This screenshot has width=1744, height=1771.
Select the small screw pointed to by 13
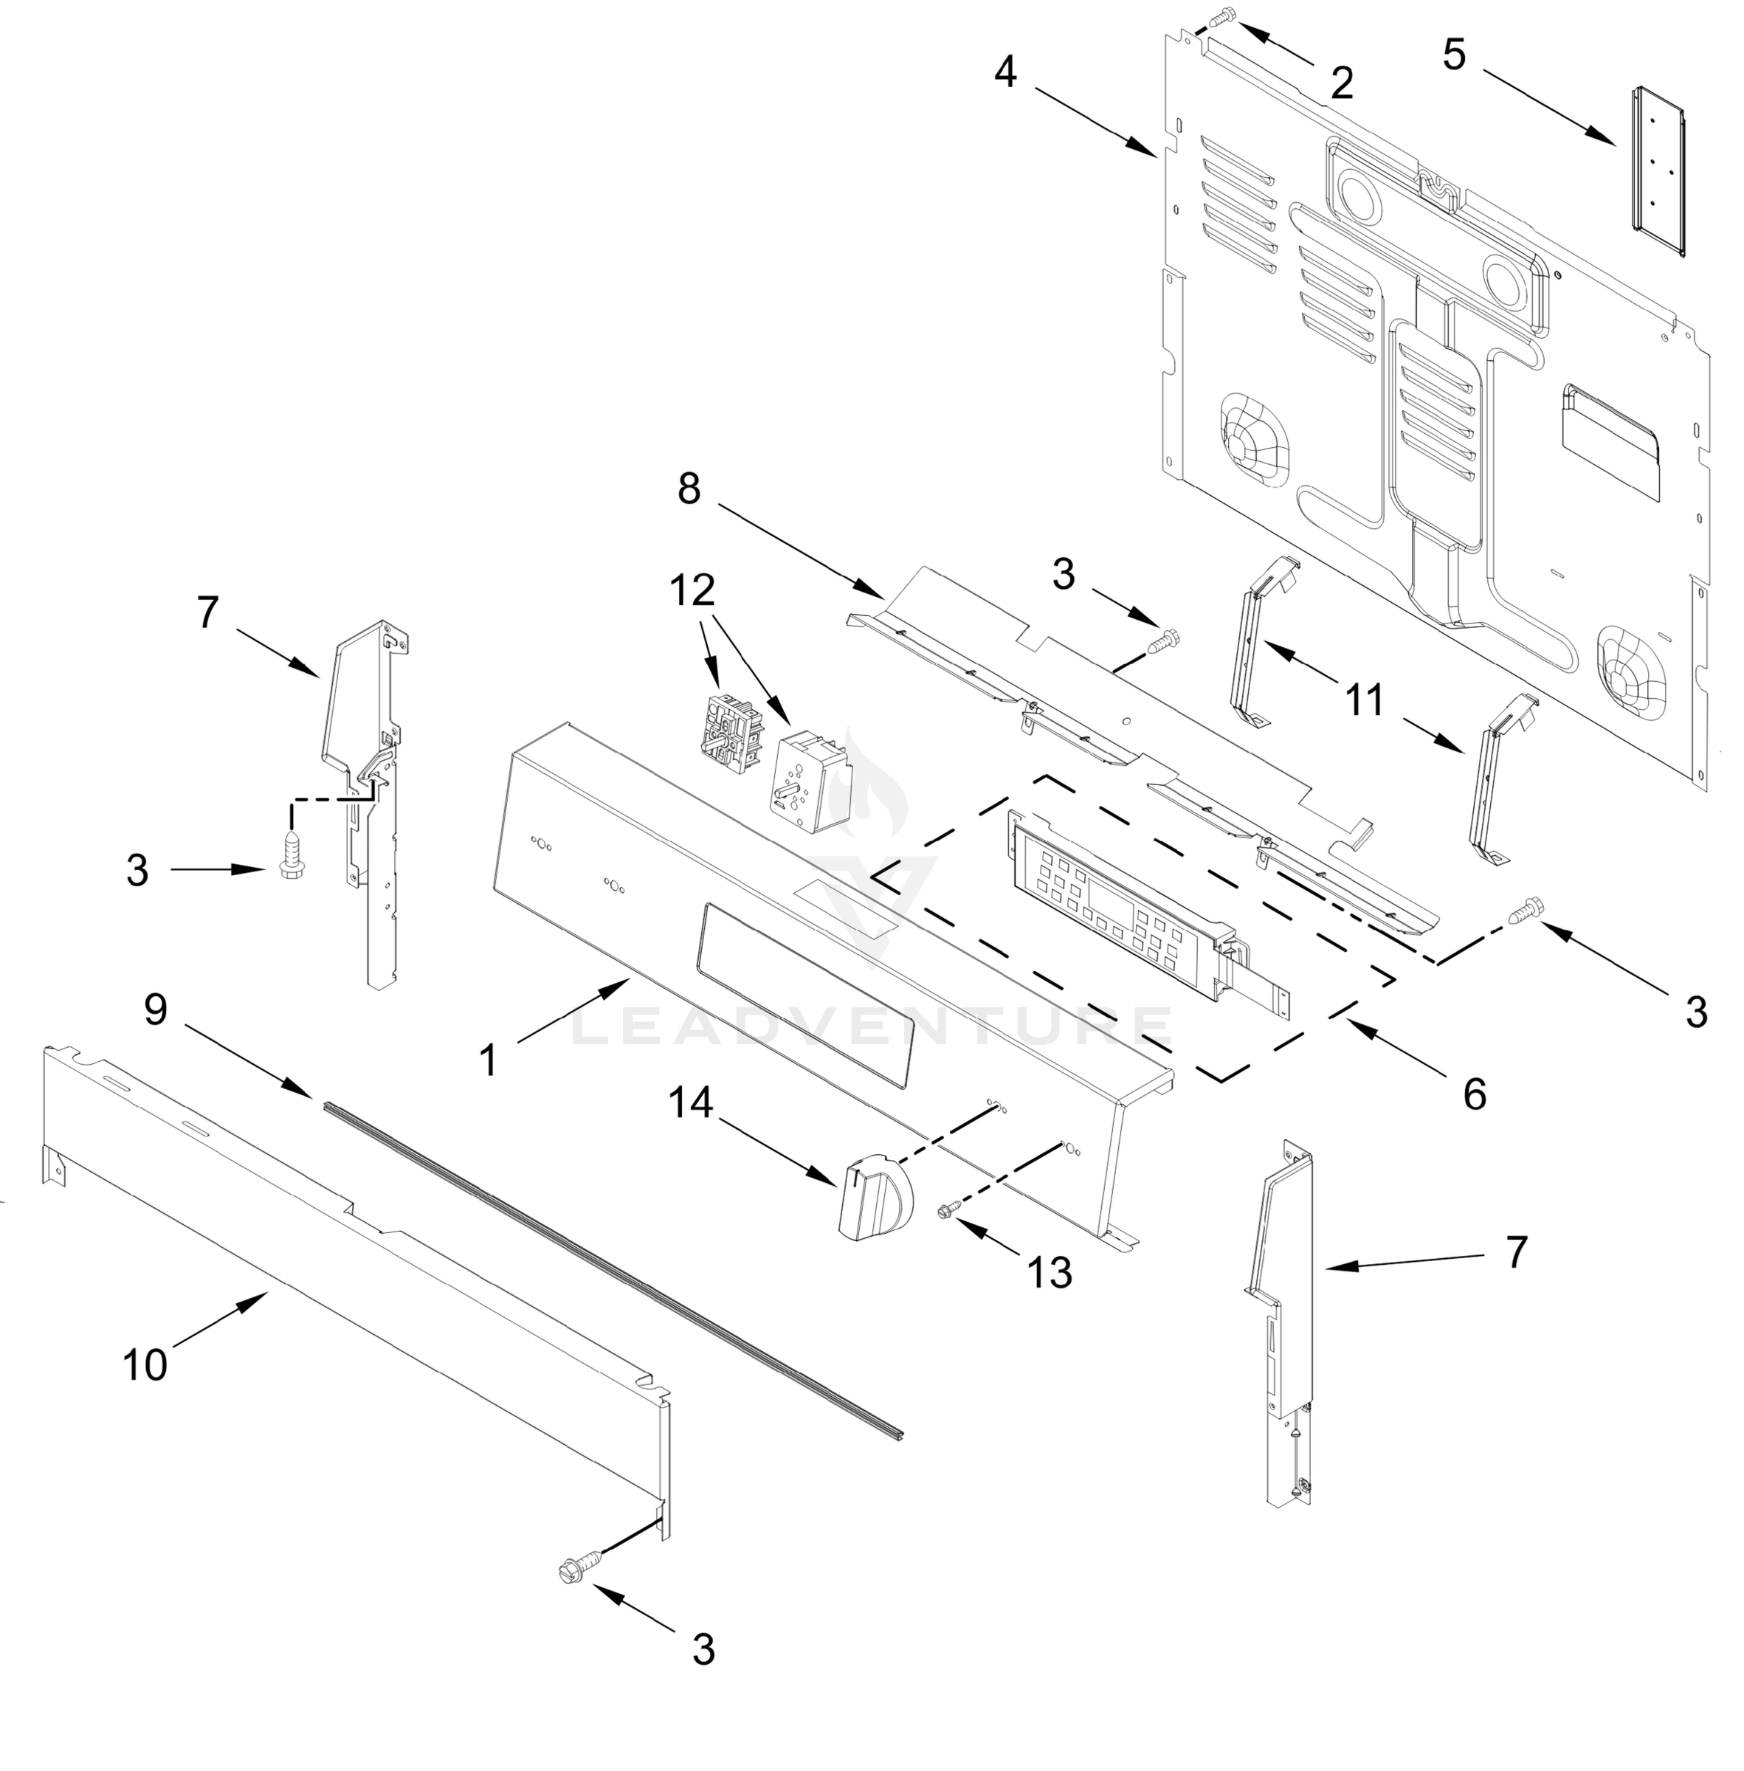pos(947,1211)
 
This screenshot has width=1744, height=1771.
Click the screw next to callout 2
pos(1224,15)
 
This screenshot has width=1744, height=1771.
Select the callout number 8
pos(689,489)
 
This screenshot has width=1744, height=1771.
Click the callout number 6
pos(1475,1094)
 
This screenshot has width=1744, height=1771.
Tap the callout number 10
pos(145,1365)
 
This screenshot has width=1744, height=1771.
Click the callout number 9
pos(156,1010)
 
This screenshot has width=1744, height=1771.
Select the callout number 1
pos(487,1060)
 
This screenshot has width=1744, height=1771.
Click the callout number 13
pos(1049,1272)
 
